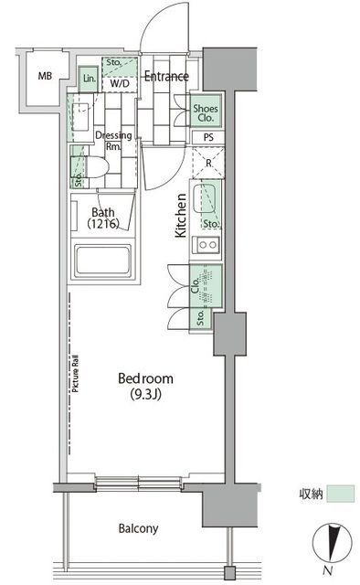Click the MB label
[45, 76]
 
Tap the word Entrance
[166, 77]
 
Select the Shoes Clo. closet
[205, 112]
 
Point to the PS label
[208, 139]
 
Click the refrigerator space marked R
[208, 165]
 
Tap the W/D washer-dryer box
[119, 84]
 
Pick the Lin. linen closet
[90, 80]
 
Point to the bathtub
[103, 264]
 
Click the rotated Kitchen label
[181, 216]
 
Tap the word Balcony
[139, 528]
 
